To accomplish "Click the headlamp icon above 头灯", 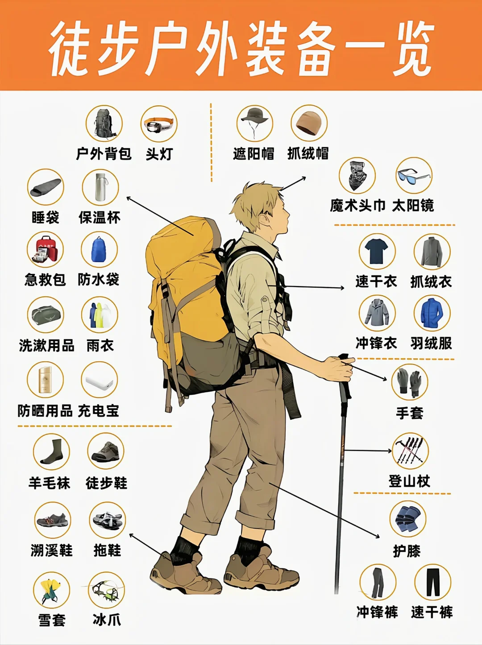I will coord(159,124).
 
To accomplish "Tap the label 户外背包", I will coord(104,154).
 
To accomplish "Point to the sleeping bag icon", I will coord(46,187).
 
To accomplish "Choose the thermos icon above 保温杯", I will coord(100,187).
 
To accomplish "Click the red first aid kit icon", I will coord(45,250).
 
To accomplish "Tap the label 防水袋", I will coord(99,280).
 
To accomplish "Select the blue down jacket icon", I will coord(432,313).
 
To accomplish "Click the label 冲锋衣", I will coord(376,343).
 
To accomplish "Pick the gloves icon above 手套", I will coord(409,382).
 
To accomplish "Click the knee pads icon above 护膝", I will coord(407,519).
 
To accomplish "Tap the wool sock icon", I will coord(52,452).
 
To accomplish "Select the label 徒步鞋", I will coord(106,483).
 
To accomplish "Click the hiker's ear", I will coord(266,220).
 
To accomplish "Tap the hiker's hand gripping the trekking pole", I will coord(338,368).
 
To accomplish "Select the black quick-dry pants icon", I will coord(432,582).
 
